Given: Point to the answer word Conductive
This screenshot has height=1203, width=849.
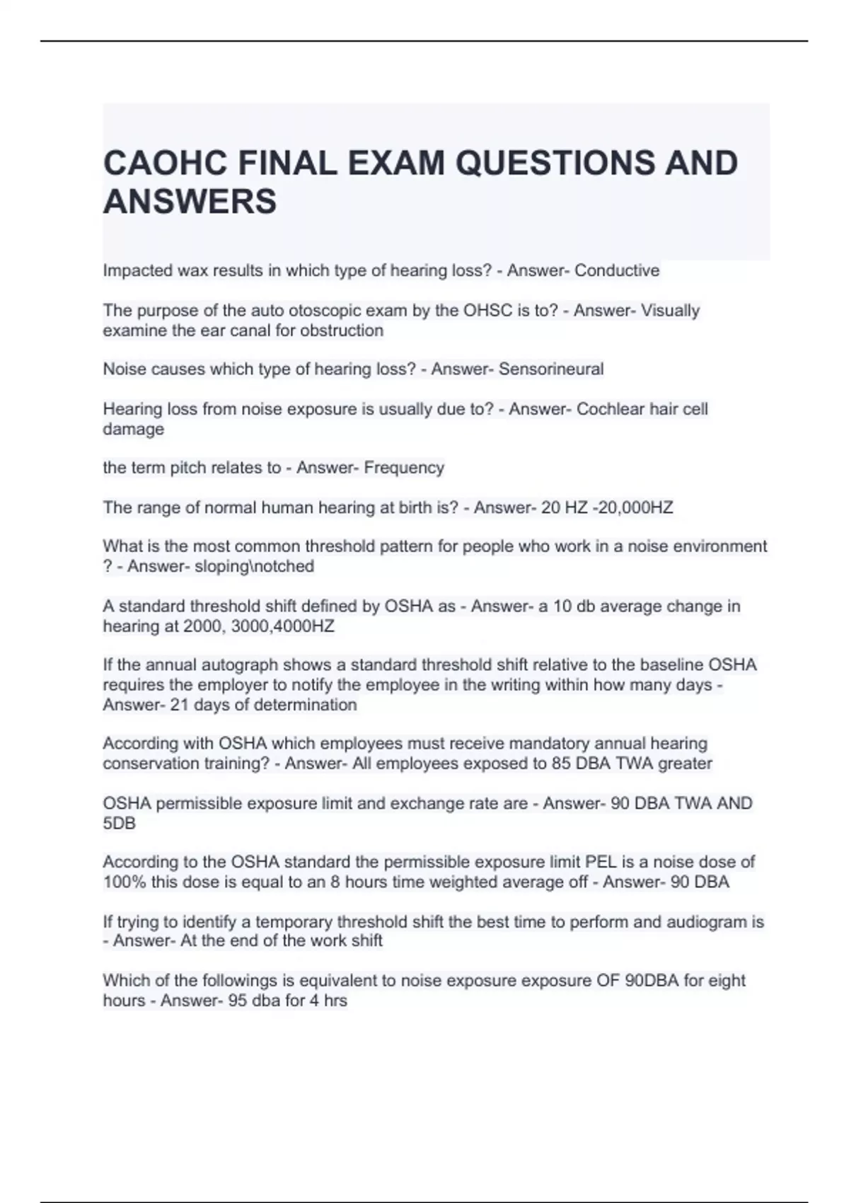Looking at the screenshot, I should click(617, 271).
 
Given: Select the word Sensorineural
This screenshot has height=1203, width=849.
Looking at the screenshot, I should click(551, 369).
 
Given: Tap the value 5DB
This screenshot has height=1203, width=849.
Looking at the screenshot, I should click(119, 824).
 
